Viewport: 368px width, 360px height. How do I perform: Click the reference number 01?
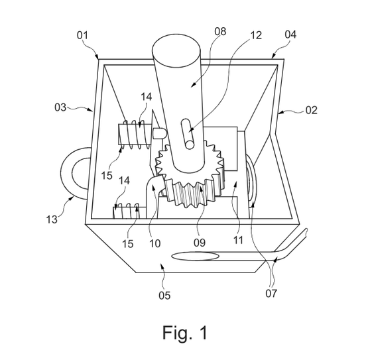click(x=82, y=35)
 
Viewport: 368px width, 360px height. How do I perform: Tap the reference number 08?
click(x=220, y=31)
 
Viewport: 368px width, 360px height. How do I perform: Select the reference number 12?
click(x=256, y=35)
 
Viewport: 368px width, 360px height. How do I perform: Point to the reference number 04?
click(x=290, y=34)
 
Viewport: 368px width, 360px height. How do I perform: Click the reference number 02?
click(x=312, y=110)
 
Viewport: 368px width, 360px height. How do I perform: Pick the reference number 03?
click(x=60, y=107)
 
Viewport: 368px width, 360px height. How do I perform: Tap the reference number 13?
click(x=52, y=219)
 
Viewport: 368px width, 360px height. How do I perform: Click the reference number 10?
click(x=155, y=243)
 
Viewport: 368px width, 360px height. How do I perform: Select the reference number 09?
click(x=200, y=243)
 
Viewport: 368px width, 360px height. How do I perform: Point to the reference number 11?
click(x=238, y=240)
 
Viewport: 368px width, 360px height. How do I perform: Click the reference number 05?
click(x=164, y=295)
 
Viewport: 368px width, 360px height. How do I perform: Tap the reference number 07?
click(x=271, y=293)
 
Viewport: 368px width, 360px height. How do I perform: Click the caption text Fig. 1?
click(x=185, y=333)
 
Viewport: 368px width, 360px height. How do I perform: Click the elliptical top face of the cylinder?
click(x=176, y=51)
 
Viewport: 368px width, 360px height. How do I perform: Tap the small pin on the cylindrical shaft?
click(x=188, y=134)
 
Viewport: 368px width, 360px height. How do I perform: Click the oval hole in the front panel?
click(x=195, y=256)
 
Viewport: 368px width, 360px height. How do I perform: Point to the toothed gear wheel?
click(x=190, y=174)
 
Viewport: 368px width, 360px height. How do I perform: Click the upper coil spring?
click(x=134, y=135)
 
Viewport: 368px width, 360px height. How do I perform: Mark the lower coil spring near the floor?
click(x=130, y=211)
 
